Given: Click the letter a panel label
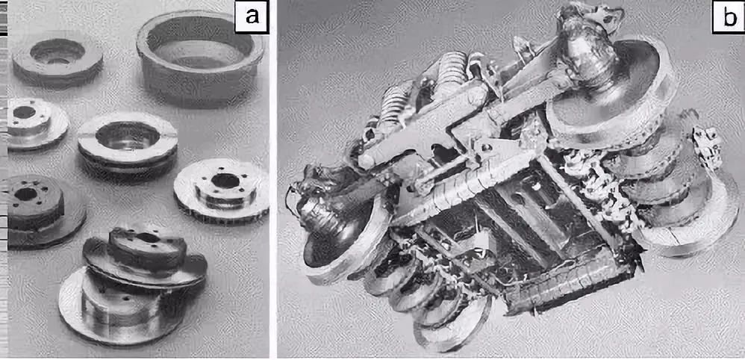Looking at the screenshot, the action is (x=252, y=17).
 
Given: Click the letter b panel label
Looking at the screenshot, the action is (x=727, y=17).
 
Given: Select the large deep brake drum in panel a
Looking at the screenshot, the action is (x=200, y=58).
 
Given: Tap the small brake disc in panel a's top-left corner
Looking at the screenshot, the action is (x=57, y=60).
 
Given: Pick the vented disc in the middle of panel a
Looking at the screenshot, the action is (x=128, y=143).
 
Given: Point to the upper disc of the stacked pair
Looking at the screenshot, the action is (x=145, y=257).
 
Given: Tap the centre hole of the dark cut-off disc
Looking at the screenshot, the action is (x=25, y=193).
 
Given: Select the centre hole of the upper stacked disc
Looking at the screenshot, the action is (x=148, y=238).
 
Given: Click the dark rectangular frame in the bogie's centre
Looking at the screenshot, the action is (x=537, y=223).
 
